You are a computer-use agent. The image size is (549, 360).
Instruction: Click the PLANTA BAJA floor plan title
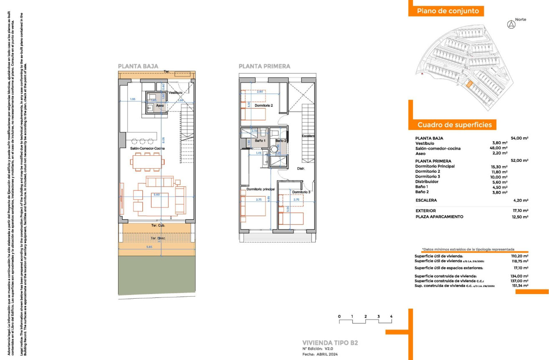138,66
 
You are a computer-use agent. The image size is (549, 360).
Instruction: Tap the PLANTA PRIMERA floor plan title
264,66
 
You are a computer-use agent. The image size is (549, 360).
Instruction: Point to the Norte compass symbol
511,25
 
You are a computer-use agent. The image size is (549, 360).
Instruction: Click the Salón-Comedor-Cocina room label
147,149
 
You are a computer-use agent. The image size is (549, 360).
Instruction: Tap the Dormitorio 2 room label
263,106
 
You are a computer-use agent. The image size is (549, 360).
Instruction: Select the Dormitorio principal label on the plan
261,189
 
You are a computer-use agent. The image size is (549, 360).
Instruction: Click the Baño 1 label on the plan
261,141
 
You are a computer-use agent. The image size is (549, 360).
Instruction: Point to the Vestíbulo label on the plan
176,93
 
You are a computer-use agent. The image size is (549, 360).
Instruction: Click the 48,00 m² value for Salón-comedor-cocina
500,148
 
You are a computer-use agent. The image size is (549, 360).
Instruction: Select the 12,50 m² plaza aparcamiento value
520,217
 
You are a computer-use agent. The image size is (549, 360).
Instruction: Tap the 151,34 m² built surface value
520,286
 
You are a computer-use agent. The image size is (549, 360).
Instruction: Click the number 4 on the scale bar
391,317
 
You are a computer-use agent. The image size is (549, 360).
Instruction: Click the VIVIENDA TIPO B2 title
330,342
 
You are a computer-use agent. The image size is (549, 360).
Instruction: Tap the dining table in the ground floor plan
146,162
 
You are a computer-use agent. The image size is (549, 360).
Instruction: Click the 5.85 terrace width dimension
149,247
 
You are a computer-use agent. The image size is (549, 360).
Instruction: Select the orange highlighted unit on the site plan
469,85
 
